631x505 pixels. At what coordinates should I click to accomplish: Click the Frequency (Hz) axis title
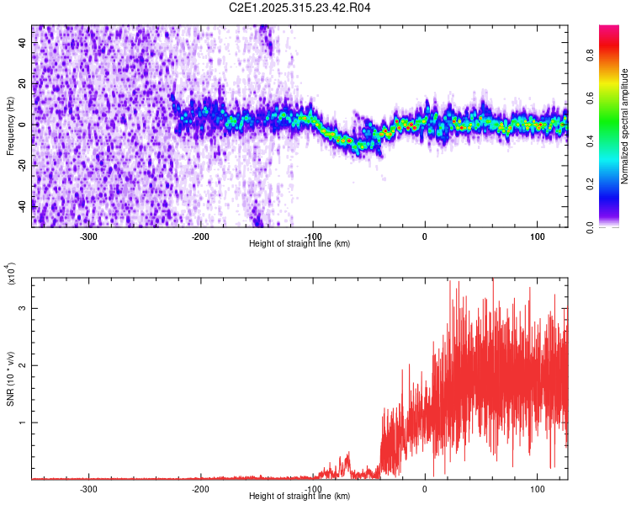click(x=10, y=126)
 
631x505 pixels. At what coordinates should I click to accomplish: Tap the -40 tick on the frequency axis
click(x=22, y=205)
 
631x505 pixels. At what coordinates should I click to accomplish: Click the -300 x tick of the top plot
click(x=88, y=237)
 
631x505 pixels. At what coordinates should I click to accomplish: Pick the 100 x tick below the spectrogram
click(x=537, y=237)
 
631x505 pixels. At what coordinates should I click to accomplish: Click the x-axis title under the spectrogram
click(x=300, y=244)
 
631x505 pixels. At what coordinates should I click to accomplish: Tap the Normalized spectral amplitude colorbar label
click(x=625, y=126)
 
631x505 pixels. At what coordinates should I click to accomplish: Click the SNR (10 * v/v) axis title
click(x=10, y=379)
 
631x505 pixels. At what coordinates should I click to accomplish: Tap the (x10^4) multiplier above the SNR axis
click(x=11, y=274)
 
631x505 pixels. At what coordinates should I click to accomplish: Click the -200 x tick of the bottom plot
click(x=200, y=488)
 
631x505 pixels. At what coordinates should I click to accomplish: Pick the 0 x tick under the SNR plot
click(x=425, y=488)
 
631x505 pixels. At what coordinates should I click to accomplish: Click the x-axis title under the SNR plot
click(x=300, y=497)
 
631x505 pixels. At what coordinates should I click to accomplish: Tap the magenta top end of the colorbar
click(x=608, y=30)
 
